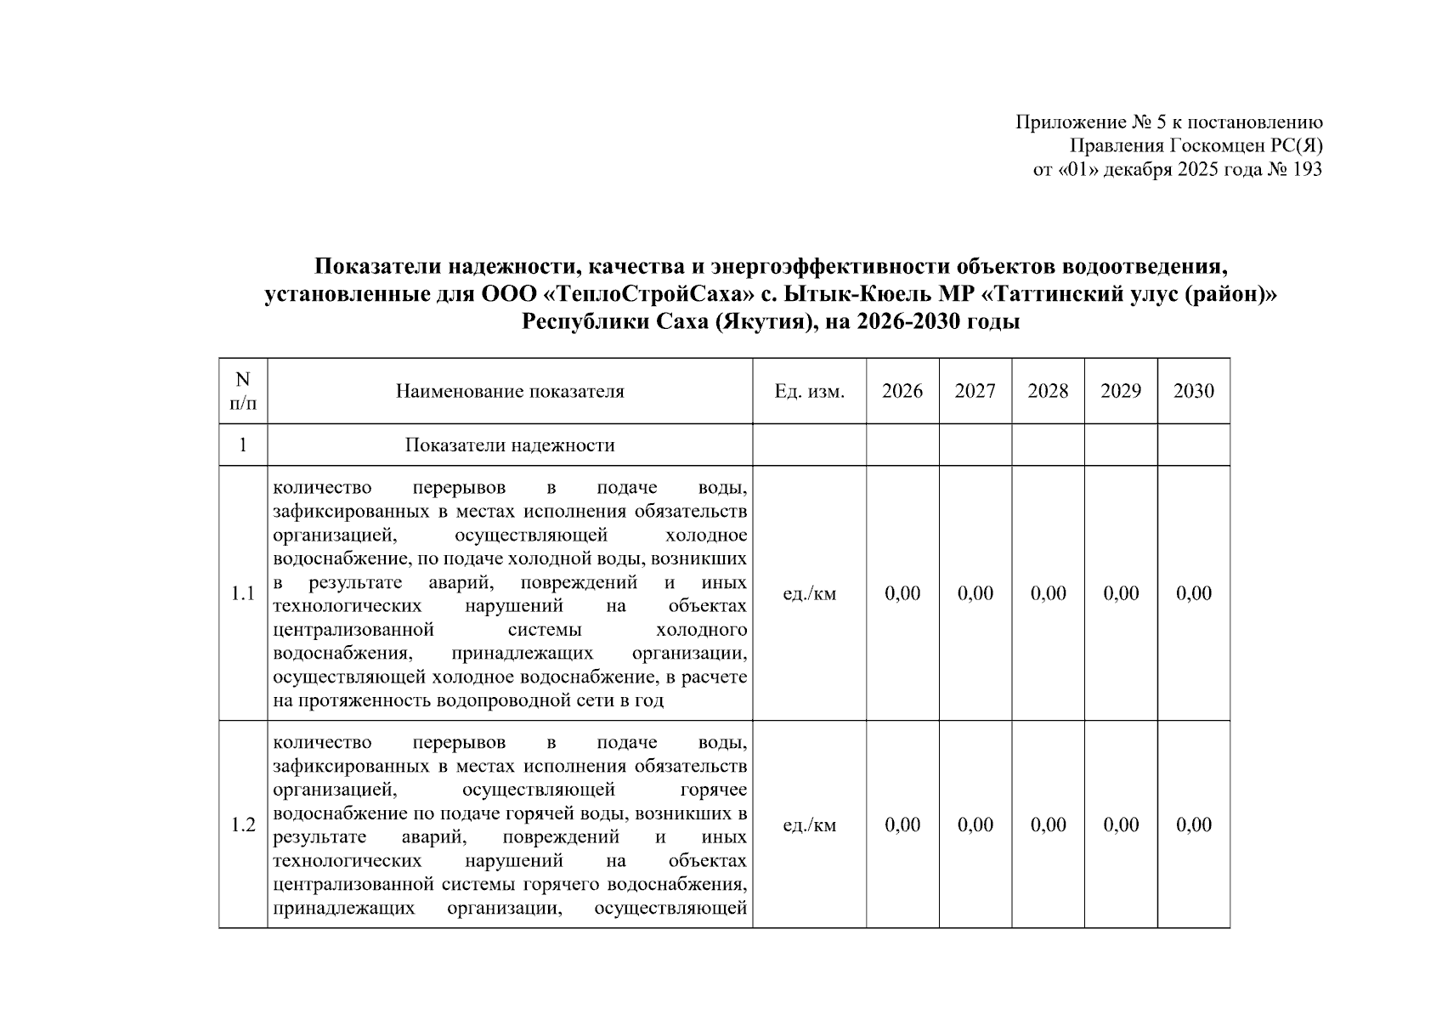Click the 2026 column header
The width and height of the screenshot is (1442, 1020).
902,391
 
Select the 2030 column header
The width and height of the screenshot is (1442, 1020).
1193,391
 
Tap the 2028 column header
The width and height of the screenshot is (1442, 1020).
1048,391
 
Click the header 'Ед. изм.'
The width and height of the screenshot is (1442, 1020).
809,391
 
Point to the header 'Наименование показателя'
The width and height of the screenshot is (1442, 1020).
510,391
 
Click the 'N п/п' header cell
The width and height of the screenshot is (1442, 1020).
243,391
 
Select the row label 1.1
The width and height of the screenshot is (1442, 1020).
243,593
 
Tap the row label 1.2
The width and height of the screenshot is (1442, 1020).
243,824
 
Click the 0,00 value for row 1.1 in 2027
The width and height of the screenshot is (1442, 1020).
975,593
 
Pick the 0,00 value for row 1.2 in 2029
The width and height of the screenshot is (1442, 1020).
1121,824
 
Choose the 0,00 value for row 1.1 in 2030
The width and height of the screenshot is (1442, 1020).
1193,593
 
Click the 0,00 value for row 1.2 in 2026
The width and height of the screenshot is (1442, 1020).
902,824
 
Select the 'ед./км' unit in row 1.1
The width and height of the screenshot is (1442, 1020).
809,593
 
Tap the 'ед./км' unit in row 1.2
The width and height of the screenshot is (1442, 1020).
809,824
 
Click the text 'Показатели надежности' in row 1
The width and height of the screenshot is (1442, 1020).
510,445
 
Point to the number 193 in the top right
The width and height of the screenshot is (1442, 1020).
1307,169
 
